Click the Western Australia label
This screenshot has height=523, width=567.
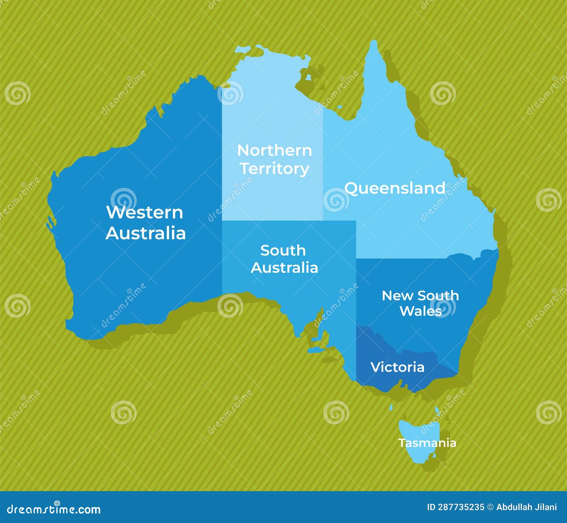[x=145, y=223]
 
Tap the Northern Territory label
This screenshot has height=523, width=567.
[x=275, y=159]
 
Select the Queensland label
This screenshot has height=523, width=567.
[x=395, y=188]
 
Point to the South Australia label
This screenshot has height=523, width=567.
[x=284, y=259]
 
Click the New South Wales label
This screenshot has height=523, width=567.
[x=420, y=303]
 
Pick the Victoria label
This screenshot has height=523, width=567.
[x=397, y=367]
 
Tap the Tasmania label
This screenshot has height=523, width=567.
[x=427, y=443]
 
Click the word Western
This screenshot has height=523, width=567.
[x=145, y=212]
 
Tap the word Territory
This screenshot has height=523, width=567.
[x=275, y=169]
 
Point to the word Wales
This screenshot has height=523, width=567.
[x=421, y=311]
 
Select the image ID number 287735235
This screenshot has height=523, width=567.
[x=461, y=507]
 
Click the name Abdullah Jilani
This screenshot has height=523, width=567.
[x=526, y=507]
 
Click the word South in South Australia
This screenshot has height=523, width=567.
[x=283, y=251]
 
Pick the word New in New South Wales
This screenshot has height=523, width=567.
[x=393, y=296]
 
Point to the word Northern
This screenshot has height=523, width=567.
[x=275, y=151]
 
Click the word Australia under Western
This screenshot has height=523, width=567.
[x=146, y=233]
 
